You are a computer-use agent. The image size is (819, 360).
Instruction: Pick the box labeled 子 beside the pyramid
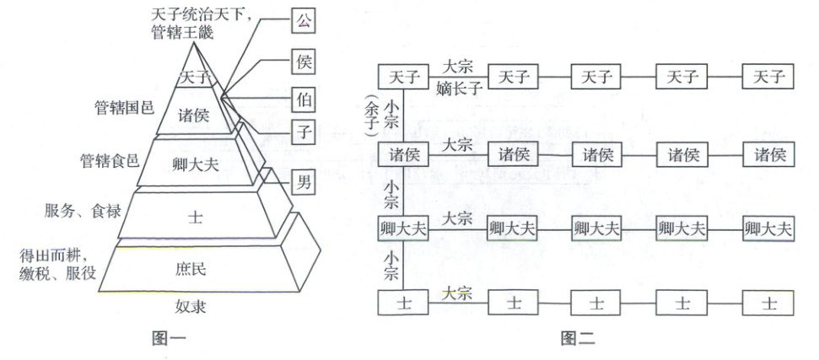pyautogui.click(x=301, y=131)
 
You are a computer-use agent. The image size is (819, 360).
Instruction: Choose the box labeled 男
pyautogui.click(x=301, y=180)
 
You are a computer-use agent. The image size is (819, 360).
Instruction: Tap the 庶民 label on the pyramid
pyautogui.click(x=198, y=271)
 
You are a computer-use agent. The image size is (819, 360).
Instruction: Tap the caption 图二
pyautogui.click(x=581, y=340)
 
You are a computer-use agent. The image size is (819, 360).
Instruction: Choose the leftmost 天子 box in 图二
pyautogui.click(x=402, y=77)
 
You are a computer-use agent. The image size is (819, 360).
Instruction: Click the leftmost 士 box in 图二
pyautogui.click(x=402, y=301)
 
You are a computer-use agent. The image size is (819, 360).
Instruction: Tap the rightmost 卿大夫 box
pyautogui.click(x=768, y=228)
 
